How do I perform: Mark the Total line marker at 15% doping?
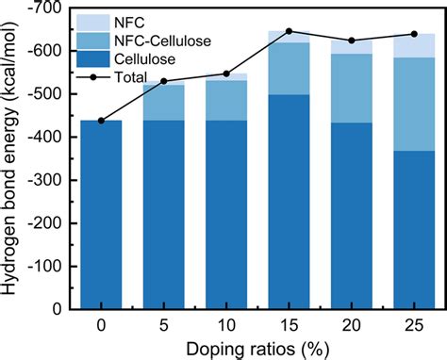point(290,31)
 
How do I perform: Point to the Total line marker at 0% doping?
point(101,121)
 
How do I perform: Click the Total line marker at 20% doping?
point(352,41)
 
